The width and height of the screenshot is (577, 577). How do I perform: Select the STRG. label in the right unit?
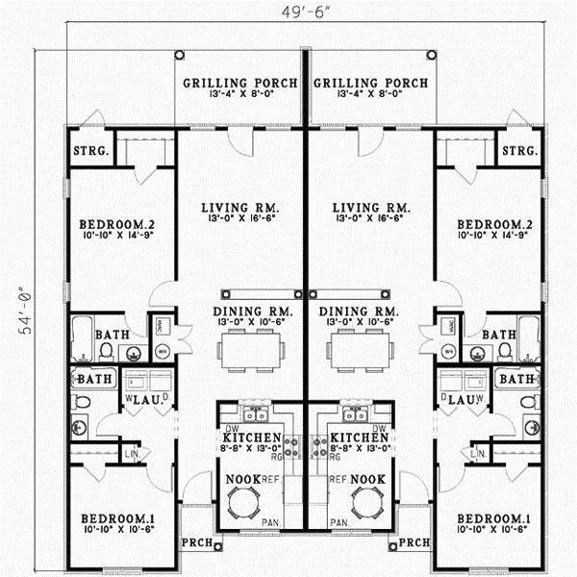point(519,152)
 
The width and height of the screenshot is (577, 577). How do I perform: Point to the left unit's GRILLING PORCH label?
point(240,83)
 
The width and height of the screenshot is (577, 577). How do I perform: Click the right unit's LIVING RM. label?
point(370,208)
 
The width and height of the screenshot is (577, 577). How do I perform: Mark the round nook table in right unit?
point(366,500)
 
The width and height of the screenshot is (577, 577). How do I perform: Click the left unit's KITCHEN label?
point(252,438)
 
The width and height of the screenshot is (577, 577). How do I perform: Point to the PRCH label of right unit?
point(414,541)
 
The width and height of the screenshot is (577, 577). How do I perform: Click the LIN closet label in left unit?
point(129,453)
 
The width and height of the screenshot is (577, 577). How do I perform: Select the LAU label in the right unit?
point(459,397)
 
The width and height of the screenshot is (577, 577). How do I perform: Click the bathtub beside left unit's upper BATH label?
point(81,335)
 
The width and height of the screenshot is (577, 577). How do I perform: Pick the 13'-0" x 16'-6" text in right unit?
point(370,221)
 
